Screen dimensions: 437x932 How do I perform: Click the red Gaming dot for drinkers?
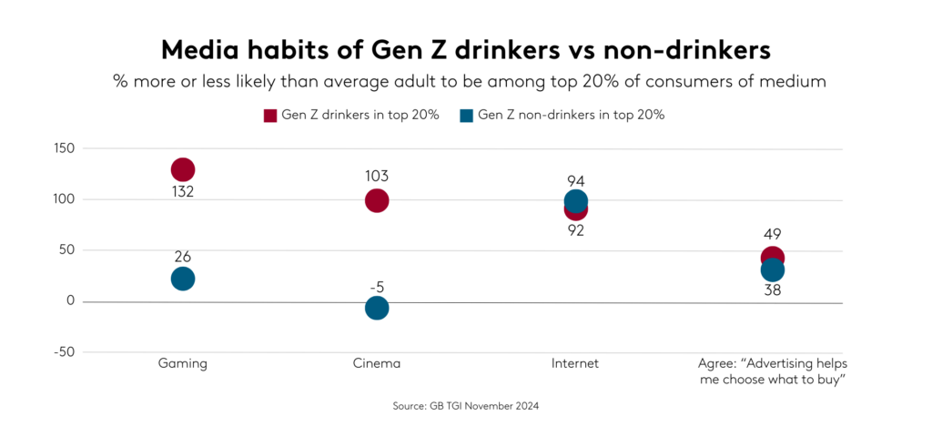point(183,169)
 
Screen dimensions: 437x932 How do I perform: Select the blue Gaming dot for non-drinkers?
point(183,279)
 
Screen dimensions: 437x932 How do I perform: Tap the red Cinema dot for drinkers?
point(377,200)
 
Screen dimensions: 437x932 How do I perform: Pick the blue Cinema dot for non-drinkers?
point(377,308)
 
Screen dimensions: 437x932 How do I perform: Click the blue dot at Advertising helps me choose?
point(773,270)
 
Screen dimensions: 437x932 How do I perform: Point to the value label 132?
point(183,192)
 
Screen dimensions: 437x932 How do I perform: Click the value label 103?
point(377,176)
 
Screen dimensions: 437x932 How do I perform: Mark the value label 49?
point(773,234)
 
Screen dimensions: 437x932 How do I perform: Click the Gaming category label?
point(183,363)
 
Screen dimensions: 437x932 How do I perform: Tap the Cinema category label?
point(377,363)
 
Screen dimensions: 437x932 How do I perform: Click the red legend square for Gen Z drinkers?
point(269,115)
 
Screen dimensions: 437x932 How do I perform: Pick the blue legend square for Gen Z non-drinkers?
point(467,115)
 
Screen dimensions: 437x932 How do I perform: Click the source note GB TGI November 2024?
point(466,407)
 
